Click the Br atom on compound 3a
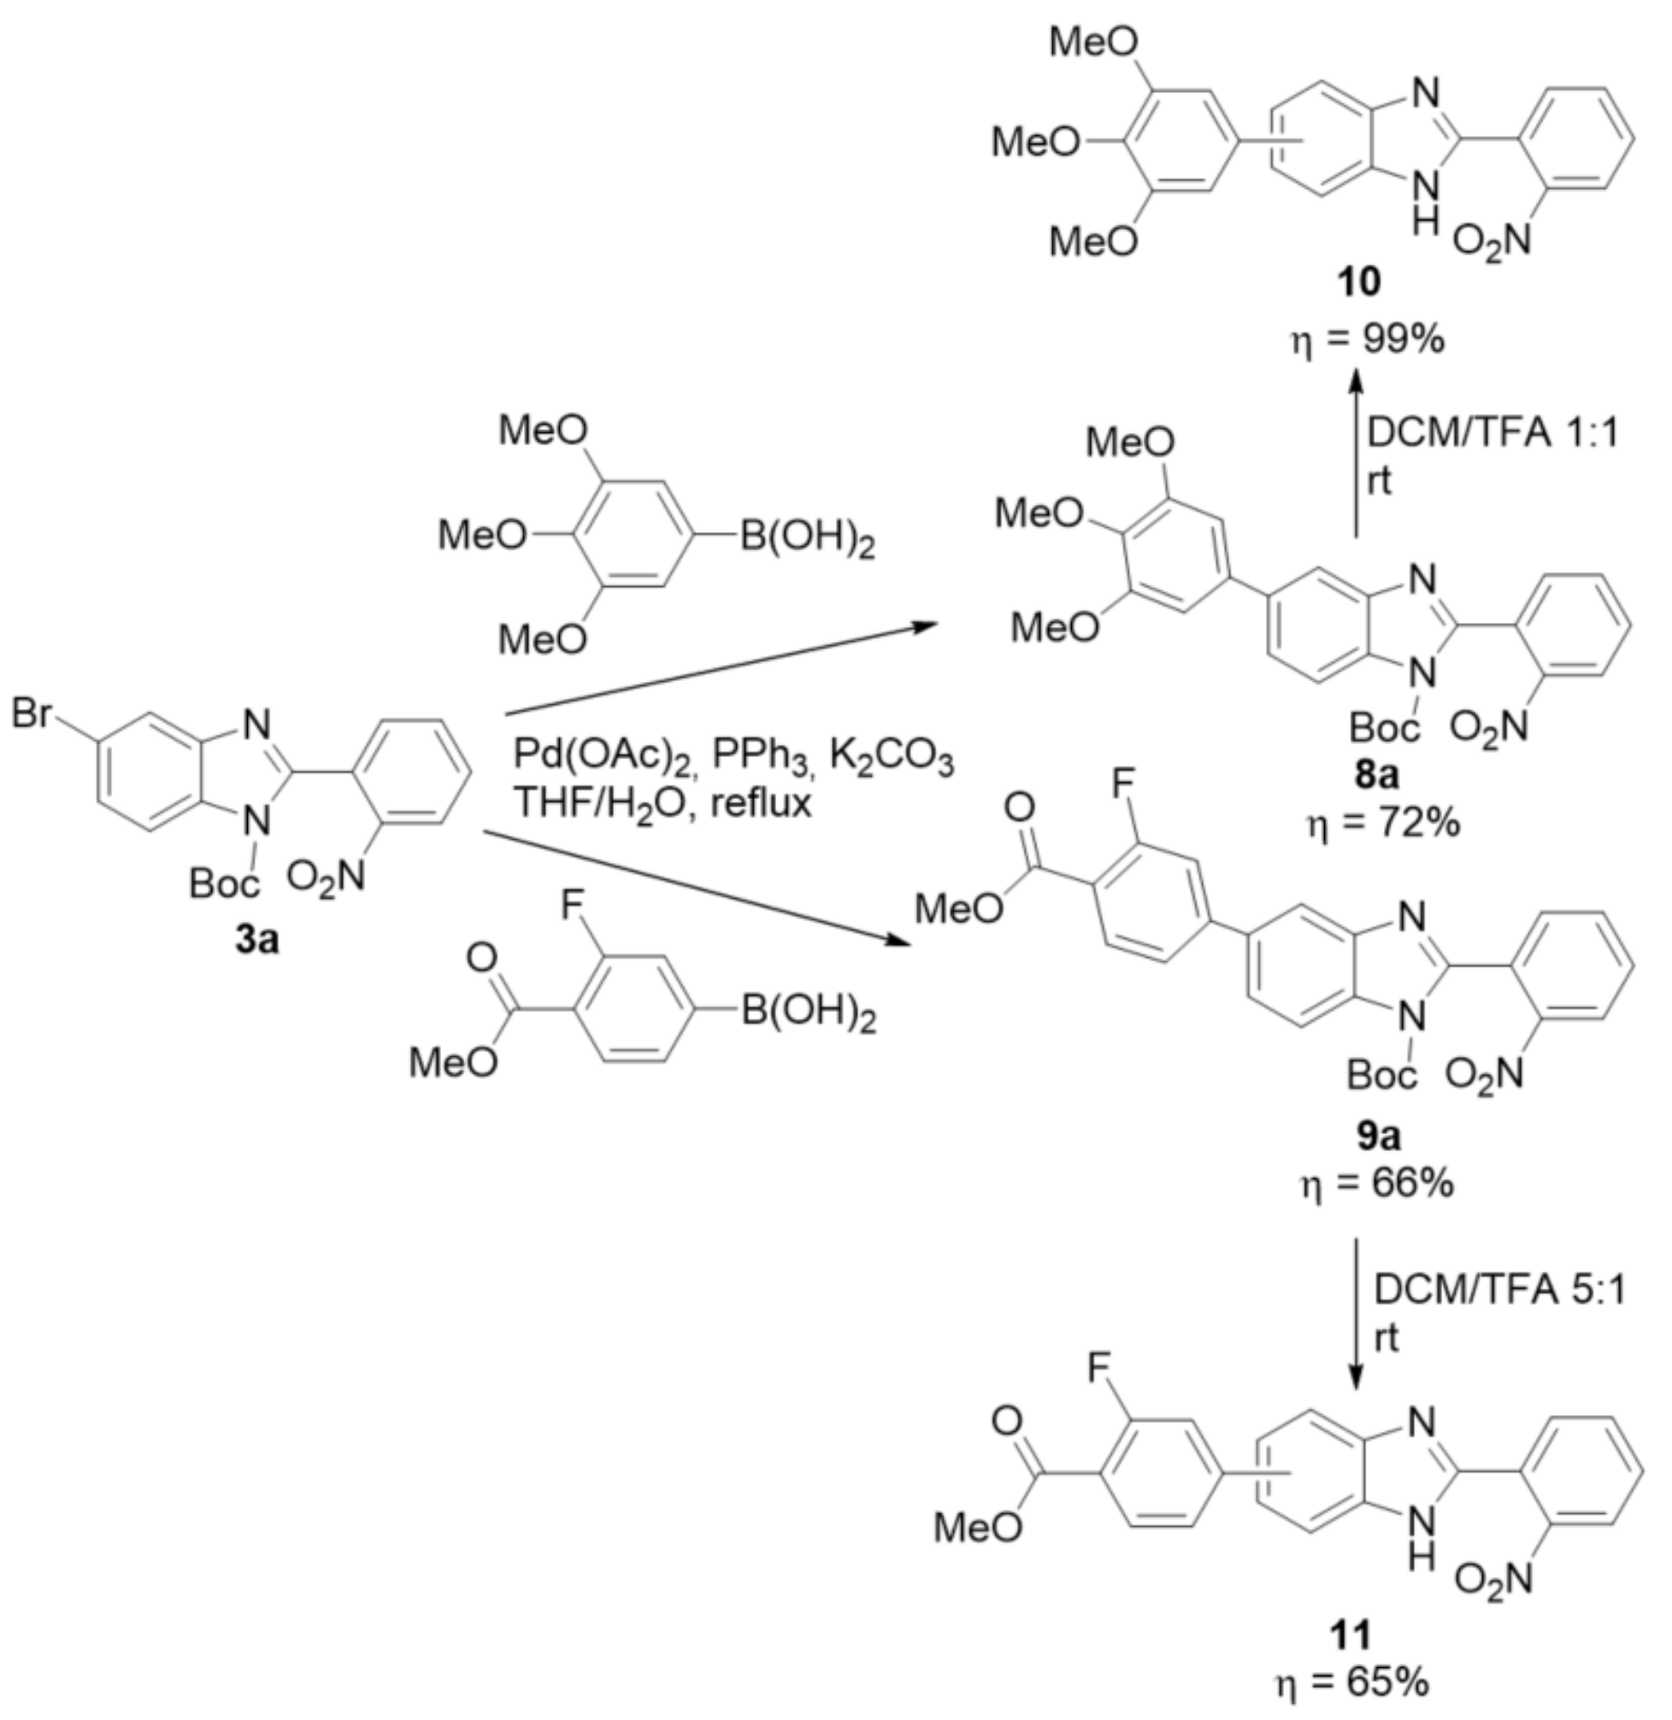pos(32,713)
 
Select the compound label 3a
pos(256,939)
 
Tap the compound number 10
pos(1358,282)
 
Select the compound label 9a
pos(1376,1136)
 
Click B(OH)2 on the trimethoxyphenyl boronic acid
pos(807,537)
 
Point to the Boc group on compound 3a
pos(225,883)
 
